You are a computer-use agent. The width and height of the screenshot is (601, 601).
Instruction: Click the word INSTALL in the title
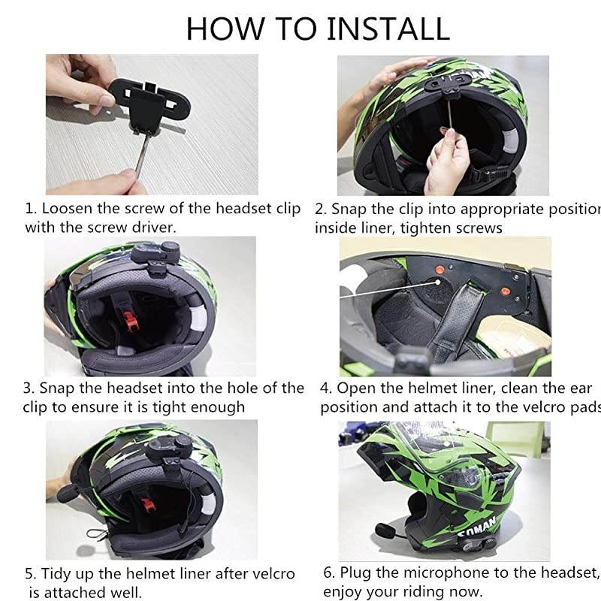(x=388, y=28)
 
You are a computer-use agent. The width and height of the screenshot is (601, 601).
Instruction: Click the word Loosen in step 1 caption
(x=68, y=208)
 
